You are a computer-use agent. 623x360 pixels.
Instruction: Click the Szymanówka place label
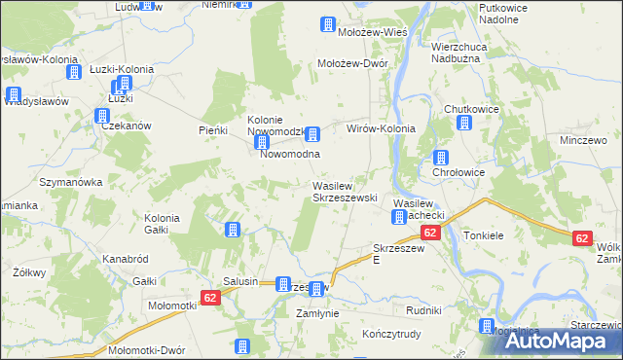70,183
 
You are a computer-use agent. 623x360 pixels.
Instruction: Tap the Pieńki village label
212,129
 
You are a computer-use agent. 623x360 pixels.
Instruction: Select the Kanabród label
125,259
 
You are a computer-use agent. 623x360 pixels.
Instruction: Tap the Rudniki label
424,310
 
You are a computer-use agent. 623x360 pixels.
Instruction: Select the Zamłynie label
316,313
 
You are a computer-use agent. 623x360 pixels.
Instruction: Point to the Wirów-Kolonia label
382,128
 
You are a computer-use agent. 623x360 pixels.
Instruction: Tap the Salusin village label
240,281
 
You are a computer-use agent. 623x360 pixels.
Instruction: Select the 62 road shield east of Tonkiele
582,237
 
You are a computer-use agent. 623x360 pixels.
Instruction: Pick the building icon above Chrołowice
441,157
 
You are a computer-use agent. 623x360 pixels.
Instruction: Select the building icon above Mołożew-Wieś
327,24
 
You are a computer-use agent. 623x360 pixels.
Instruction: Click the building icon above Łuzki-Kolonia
73,71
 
